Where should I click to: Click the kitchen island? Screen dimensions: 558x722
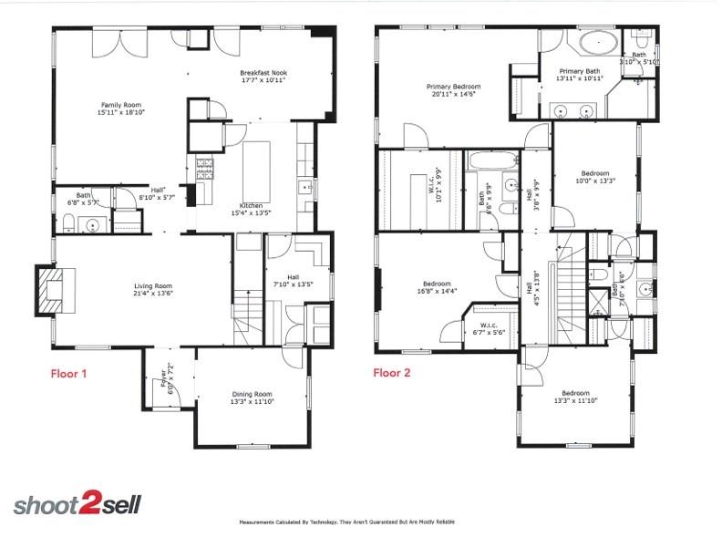point(257,164)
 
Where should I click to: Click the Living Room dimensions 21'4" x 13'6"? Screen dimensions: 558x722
point(152,294)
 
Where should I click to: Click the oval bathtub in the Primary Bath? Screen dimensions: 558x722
point(597,42)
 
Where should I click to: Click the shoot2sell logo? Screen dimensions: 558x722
point(77,505)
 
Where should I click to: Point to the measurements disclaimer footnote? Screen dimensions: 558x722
point(346,522)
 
